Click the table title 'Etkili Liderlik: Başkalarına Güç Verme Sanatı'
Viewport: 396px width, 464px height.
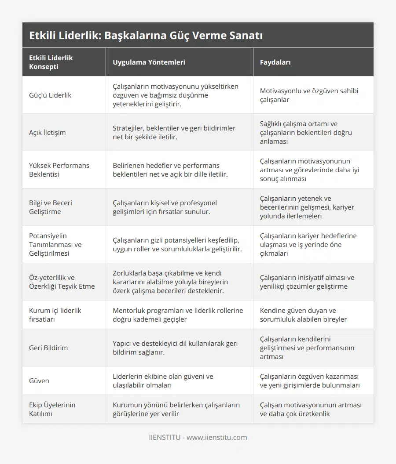click(x=146, y=36)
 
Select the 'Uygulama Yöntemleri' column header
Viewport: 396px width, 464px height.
click(x=149, y=62)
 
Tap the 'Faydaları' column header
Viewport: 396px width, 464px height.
click(x=275, y=62)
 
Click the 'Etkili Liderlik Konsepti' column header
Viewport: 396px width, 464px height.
click(x=51, y=62)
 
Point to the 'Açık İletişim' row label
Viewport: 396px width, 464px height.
click(x=48, y=133)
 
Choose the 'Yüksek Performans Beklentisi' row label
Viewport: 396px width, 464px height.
click(x=59, y=170)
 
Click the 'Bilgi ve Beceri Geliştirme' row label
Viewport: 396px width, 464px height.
click(x=51, y=207)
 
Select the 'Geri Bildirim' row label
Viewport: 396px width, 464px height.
click(x=48, y=348)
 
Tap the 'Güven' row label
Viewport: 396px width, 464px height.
click(x=39, y=381)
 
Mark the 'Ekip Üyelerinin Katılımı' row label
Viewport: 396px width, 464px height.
click(x=52, y=410)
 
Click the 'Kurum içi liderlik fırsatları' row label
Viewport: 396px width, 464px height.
click(x=55, y=315)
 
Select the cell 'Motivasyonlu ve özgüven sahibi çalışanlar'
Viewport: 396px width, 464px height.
click(x=309, y=95)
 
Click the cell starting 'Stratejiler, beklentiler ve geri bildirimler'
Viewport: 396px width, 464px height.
click(x=174, y=133)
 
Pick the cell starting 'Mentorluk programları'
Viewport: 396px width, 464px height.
click(x=178, y=315)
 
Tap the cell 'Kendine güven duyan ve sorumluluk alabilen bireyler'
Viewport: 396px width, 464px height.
click(x=304, y=315)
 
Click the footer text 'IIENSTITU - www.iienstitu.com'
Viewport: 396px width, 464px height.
click(x=198, y=438)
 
